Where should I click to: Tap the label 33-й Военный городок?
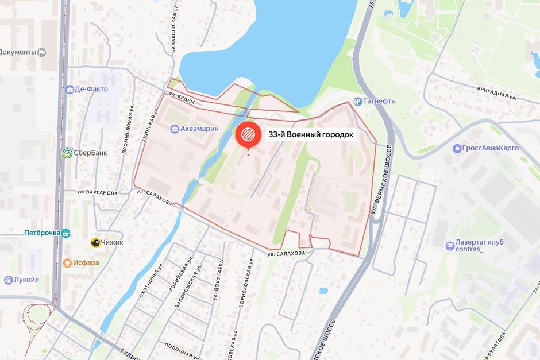[x=311, y=135]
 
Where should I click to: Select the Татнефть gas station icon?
[x=357, y=102]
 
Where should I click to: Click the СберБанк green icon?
[x=67, y=153]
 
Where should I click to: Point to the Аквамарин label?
[x=199, y=129]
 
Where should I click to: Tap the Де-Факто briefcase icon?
[x=70, y=89]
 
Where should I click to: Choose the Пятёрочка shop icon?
[x=67, y=233]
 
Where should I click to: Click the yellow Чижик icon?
[x=94, y=242]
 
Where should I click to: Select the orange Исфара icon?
[x=67, y=263]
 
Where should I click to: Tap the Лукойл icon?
[x=8, y=280]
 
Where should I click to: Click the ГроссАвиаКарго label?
[x=489, y=148]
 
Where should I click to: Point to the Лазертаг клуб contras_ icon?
[x=449, y=246]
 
